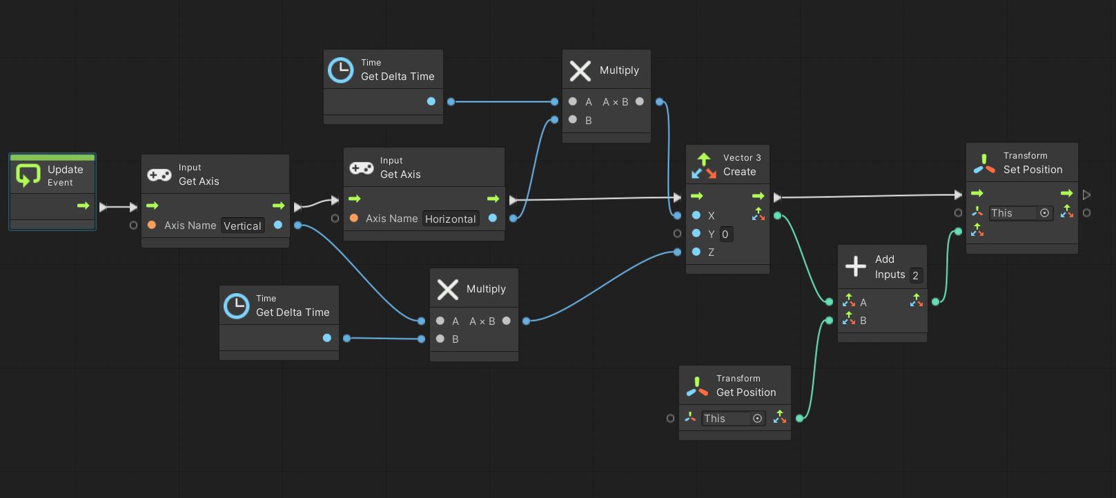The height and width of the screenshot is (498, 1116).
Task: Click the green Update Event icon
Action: (28, 175)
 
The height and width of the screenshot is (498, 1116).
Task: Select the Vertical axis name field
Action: (242, 226)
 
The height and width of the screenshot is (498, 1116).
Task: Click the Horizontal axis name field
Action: (450, 219)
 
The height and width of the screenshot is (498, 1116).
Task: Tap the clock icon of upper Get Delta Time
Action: (340, 70)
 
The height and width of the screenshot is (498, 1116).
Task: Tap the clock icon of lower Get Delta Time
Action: (236, 306)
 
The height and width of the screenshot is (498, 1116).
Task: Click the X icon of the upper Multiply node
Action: (580, 70)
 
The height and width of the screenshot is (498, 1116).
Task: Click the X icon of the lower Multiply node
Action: (447, 289)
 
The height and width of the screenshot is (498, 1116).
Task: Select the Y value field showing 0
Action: (725, 234)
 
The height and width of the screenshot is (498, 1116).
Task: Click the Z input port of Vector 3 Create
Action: (696, 252)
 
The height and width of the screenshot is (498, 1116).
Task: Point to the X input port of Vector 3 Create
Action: (696, 215)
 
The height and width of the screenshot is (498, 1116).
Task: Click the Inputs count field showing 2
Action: (916, 275)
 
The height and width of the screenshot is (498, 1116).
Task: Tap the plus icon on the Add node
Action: (855, 266)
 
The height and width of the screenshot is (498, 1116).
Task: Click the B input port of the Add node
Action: (849, 320)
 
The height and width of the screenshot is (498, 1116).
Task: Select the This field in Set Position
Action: (1012, 213)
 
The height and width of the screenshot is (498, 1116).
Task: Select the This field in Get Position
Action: (725, 418)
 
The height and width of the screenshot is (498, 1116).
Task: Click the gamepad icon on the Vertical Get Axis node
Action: (159, 175)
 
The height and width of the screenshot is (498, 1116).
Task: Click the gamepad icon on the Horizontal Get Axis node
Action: (361, 168)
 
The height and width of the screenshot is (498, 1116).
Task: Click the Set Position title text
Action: (1032, 170)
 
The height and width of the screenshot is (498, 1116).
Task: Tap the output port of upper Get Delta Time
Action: (431, 101)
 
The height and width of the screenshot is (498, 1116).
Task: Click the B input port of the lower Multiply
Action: (440, 339)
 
